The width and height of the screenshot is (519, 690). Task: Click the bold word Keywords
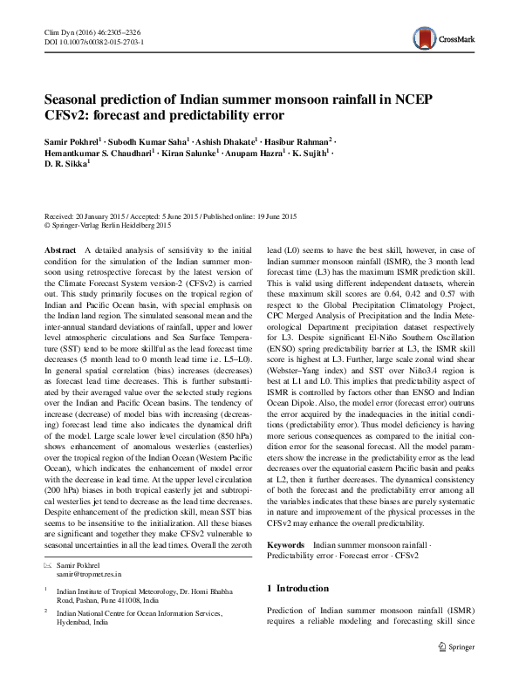tap(287, 543)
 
